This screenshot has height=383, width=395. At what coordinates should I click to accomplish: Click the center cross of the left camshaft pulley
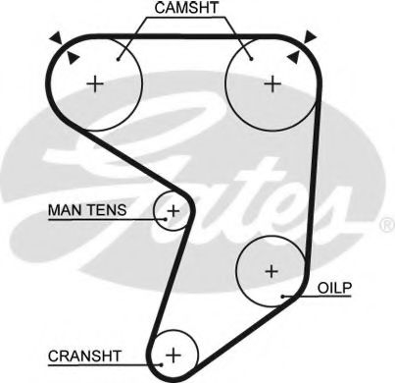(94, 83)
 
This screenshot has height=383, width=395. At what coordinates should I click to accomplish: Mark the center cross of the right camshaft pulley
(272, 83)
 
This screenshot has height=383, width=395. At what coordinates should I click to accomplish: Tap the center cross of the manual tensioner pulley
(173, 210)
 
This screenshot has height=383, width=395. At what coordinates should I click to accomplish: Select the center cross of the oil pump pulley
(272, 269)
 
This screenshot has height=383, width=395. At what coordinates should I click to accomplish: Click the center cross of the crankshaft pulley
(173, 353)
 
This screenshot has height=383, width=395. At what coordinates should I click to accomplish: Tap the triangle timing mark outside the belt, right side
(311, 36)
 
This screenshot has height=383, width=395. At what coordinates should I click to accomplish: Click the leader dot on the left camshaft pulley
(118, 58)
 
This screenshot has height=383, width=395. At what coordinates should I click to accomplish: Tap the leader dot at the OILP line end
(282, 296)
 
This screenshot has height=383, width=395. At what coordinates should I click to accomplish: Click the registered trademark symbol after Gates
(384, 225)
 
